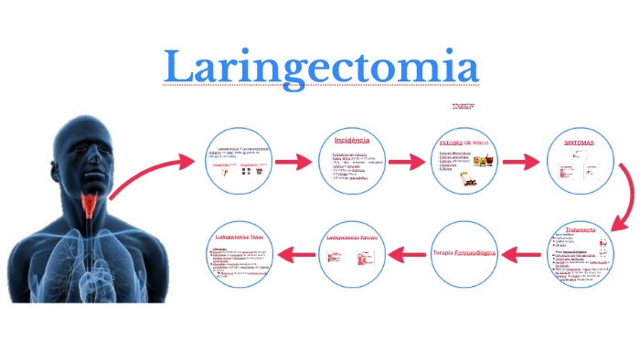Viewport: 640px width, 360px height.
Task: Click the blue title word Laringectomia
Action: coord(321,66)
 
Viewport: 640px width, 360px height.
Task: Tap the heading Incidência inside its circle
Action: coord(351,141)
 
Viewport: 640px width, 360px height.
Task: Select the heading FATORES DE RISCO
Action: coord(465,143)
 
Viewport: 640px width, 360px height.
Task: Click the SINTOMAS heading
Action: coord(577,143)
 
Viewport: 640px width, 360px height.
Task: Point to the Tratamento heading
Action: coord(580,229)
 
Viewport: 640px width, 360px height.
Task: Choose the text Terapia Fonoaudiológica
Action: coord(464,250)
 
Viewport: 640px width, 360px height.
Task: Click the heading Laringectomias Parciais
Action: coord(352,238)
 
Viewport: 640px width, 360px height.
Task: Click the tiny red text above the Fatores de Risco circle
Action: coord(463,107)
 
